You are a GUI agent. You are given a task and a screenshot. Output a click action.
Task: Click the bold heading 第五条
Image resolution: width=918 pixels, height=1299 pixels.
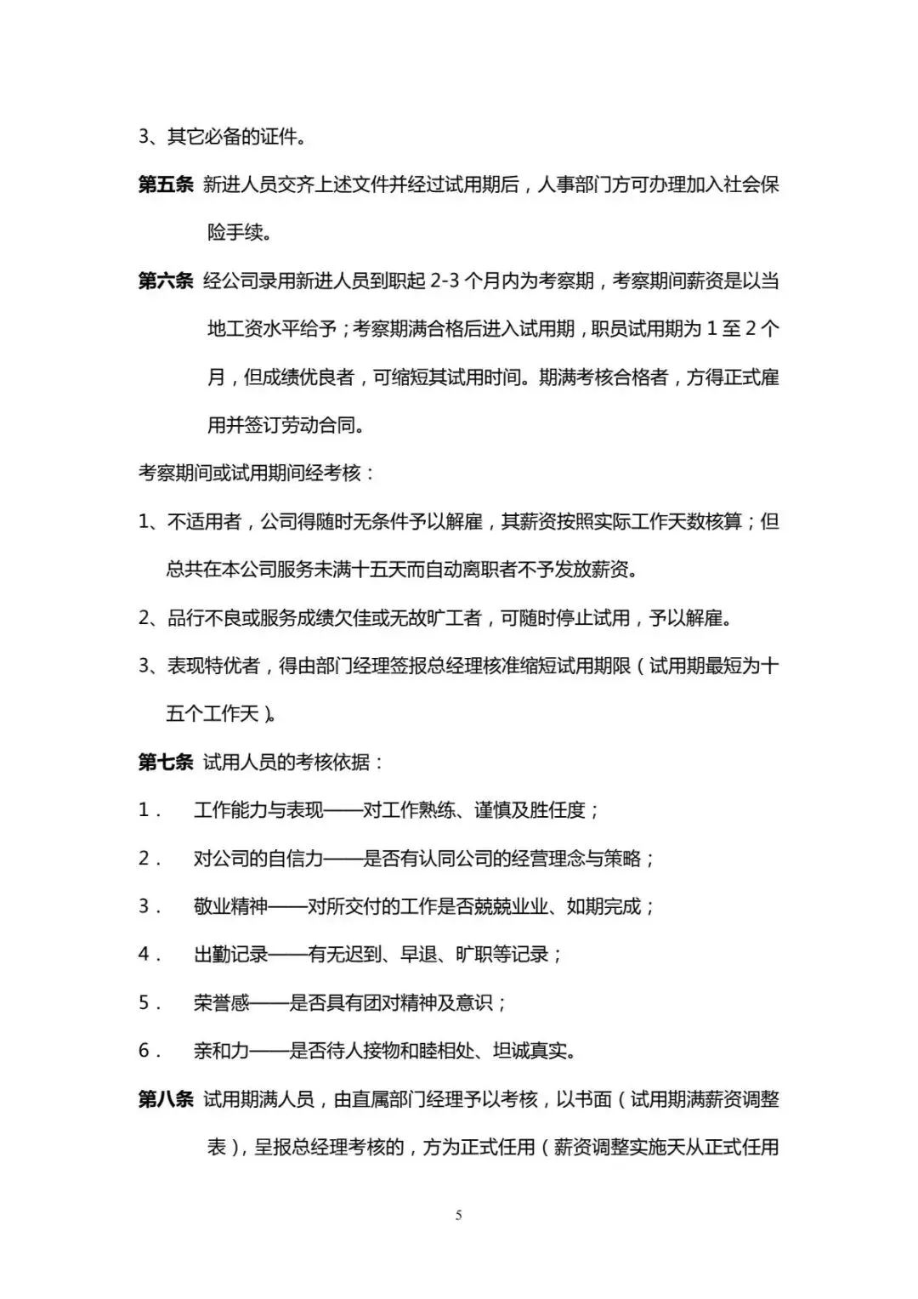tap(166, 184)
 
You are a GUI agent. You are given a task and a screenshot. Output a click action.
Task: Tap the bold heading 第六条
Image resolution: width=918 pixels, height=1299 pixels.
tap(166, 281)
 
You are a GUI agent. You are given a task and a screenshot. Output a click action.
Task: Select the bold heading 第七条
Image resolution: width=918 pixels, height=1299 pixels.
tap(166, 762)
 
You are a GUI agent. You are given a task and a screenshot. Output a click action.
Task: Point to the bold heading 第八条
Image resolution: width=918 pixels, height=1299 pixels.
tap(166, 1099)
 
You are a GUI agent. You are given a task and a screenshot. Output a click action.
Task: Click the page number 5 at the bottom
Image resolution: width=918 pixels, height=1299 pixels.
tap(459, 1216)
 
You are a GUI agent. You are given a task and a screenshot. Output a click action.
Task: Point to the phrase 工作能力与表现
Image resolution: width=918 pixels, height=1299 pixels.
tap(259, 810)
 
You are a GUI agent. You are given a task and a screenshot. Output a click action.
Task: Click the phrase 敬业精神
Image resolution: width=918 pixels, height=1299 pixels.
tap(230, 906)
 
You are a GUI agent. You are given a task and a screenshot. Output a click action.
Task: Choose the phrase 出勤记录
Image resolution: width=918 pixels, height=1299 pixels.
tap(230, 955)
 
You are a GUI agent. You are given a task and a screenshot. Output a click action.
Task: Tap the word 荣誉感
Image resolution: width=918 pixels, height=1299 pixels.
tap(221, 1003)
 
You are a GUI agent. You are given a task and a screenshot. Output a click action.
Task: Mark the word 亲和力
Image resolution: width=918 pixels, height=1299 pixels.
tap(221, 1051)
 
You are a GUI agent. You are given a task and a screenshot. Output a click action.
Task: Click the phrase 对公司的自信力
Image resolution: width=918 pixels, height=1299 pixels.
tap(259, 859)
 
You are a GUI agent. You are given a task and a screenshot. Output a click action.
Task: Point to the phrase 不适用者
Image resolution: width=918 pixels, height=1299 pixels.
tap(204, 521)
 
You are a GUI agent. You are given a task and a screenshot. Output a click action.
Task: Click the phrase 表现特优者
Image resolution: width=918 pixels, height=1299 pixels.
tap(213, 666)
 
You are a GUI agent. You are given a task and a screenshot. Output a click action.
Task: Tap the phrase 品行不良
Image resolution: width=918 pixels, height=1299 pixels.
tap(204, 618)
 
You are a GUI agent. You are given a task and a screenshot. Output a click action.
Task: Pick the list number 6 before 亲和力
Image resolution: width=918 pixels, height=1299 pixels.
tap(144, 1051)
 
